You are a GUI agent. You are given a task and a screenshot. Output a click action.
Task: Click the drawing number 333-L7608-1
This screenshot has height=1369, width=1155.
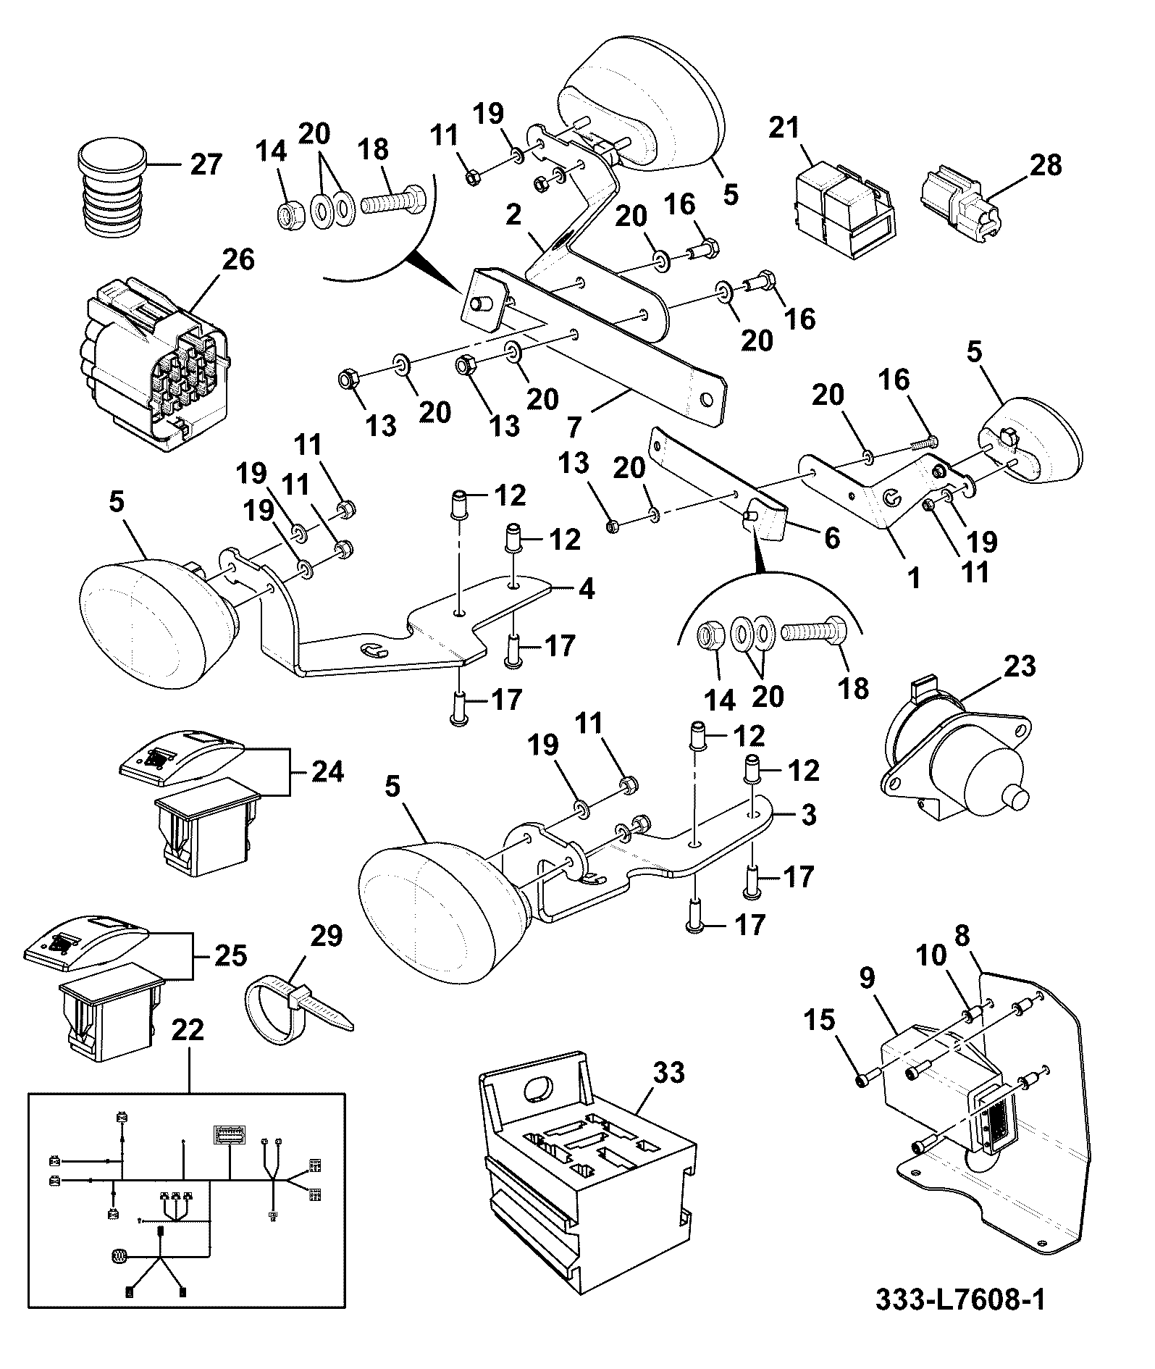click(x=960, y=1320)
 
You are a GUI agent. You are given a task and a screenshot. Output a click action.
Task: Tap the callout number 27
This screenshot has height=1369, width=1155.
click(x=206, y=164)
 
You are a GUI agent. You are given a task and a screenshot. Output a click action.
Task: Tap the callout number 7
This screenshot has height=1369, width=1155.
click(x=575, y=427)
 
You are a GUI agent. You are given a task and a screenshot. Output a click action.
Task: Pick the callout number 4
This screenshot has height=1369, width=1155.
click(x=587, y=589)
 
